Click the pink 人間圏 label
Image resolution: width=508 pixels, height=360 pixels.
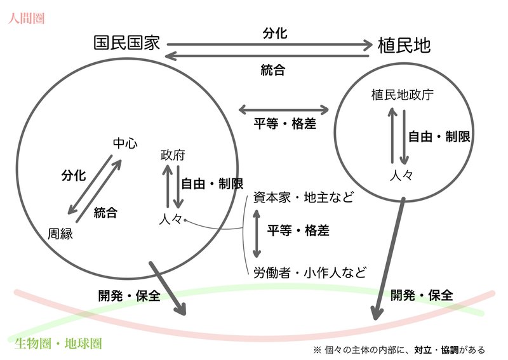(x=26, y=18)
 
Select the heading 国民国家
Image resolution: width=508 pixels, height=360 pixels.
(x=127, y=43)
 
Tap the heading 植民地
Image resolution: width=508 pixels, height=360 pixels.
(x=404, y=45)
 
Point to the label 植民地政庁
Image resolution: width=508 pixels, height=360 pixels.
(x=402, y=95)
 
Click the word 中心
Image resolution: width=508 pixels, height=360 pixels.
(x=125, y=143)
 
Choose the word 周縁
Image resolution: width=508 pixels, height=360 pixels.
(x=60, y=234)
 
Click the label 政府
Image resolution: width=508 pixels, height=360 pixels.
(x=173, y=155)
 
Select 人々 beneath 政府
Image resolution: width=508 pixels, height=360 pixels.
(x=171, y=220)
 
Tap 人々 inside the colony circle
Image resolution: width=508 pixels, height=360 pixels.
(x=401, y=175)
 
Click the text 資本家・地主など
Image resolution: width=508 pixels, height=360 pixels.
(x=304, y=197)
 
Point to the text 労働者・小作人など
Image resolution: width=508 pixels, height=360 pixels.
(x=310, y=272)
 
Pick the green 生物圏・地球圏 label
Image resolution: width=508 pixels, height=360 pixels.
(x=58, y=343)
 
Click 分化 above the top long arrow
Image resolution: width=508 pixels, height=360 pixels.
(x=275, y=33)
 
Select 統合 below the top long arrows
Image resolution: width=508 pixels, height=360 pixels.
(x=273, y=70)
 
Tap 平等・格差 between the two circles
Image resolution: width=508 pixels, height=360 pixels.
(x=284, y=123)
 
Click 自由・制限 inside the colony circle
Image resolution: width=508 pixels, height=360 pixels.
(x=439, y=137)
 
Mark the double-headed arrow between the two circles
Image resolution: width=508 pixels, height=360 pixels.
(x=284, y=109)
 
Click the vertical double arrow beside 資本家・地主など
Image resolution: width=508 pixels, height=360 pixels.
(x=257, y=234)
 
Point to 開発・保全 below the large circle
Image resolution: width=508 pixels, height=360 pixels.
(x=130, y=295)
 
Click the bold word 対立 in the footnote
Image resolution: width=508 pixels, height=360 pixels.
(x=423, y=350)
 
